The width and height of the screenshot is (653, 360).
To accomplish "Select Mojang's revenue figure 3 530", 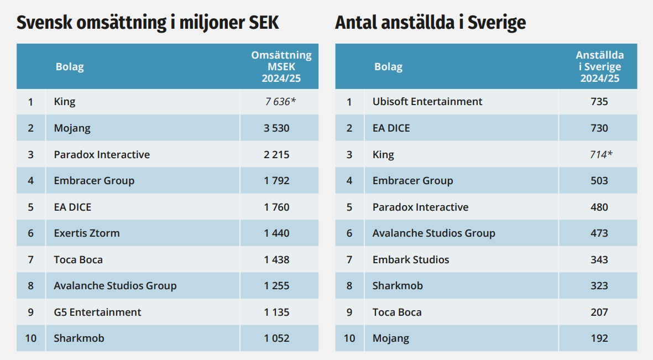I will (x=276, y=128).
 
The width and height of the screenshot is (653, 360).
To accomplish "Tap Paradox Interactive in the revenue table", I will (x=102, y=155).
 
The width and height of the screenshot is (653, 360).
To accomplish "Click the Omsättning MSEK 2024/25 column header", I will (x=281, y=66).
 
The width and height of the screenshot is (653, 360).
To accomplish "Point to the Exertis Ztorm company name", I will (x=87, y=233).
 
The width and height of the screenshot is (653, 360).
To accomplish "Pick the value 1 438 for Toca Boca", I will (x=276, y=260).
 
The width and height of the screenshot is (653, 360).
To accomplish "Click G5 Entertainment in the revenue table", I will (x=97, y=312).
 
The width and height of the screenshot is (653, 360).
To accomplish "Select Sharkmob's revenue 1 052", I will (x=276, y=338).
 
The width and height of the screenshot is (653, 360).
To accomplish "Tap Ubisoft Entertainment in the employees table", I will (x=427, y=102).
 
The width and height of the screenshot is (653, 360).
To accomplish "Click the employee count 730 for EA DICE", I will (x=599, y=128).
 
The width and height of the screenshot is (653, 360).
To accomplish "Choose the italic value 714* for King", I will (x=601, y=155).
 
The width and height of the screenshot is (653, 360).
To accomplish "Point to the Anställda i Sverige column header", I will (x=600, y=66).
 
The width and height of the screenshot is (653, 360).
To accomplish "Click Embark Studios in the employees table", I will (x=411, y=260).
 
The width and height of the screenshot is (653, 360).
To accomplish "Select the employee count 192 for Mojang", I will (x=599, y=338).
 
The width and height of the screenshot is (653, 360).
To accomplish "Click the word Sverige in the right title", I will (x=497, y=23).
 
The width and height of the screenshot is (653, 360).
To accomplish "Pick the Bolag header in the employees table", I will (x=388, y=67).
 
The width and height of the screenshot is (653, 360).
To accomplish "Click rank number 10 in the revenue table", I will (x=31, y=338).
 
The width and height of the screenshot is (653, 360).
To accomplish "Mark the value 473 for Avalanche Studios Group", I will (x=599, y=233).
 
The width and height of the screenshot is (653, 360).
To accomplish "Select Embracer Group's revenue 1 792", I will (x=276, y=181).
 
